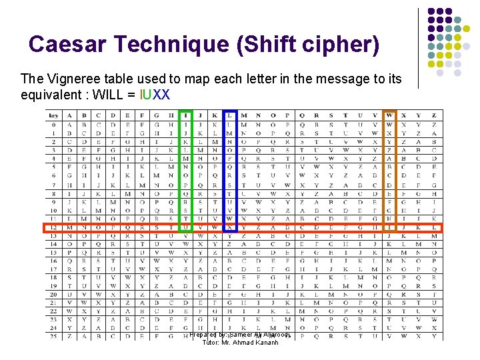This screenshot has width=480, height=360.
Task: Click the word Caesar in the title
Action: click(x=66, y=45)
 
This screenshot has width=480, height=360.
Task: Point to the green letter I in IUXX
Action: click(x=143, y=94)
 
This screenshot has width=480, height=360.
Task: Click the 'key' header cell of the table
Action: click(x=54, y=115)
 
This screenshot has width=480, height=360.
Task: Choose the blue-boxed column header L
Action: click(x=230, y=115)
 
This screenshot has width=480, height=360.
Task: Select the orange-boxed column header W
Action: click(x=390, y=115)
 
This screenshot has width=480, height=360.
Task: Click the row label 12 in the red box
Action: click(x=54, y=227)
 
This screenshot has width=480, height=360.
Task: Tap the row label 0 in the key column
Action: click(x=54, y=124)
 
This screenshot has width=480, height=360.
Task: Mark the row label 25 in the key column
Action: click(x=54, y=337)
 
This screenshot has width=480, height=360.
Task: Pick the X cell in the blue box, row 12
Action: click(x=230, y=227)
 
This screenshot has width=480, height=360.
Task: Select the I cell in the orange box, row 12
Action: click(x=390, y=227)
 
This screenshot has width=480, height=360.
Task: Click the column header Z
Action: click(x=434, y=115)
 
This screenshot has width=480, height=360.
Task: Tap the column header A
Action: click(x=70, y=115)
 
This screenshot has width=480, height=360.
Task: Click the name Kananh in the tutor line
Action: click(x=265, y=343)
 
